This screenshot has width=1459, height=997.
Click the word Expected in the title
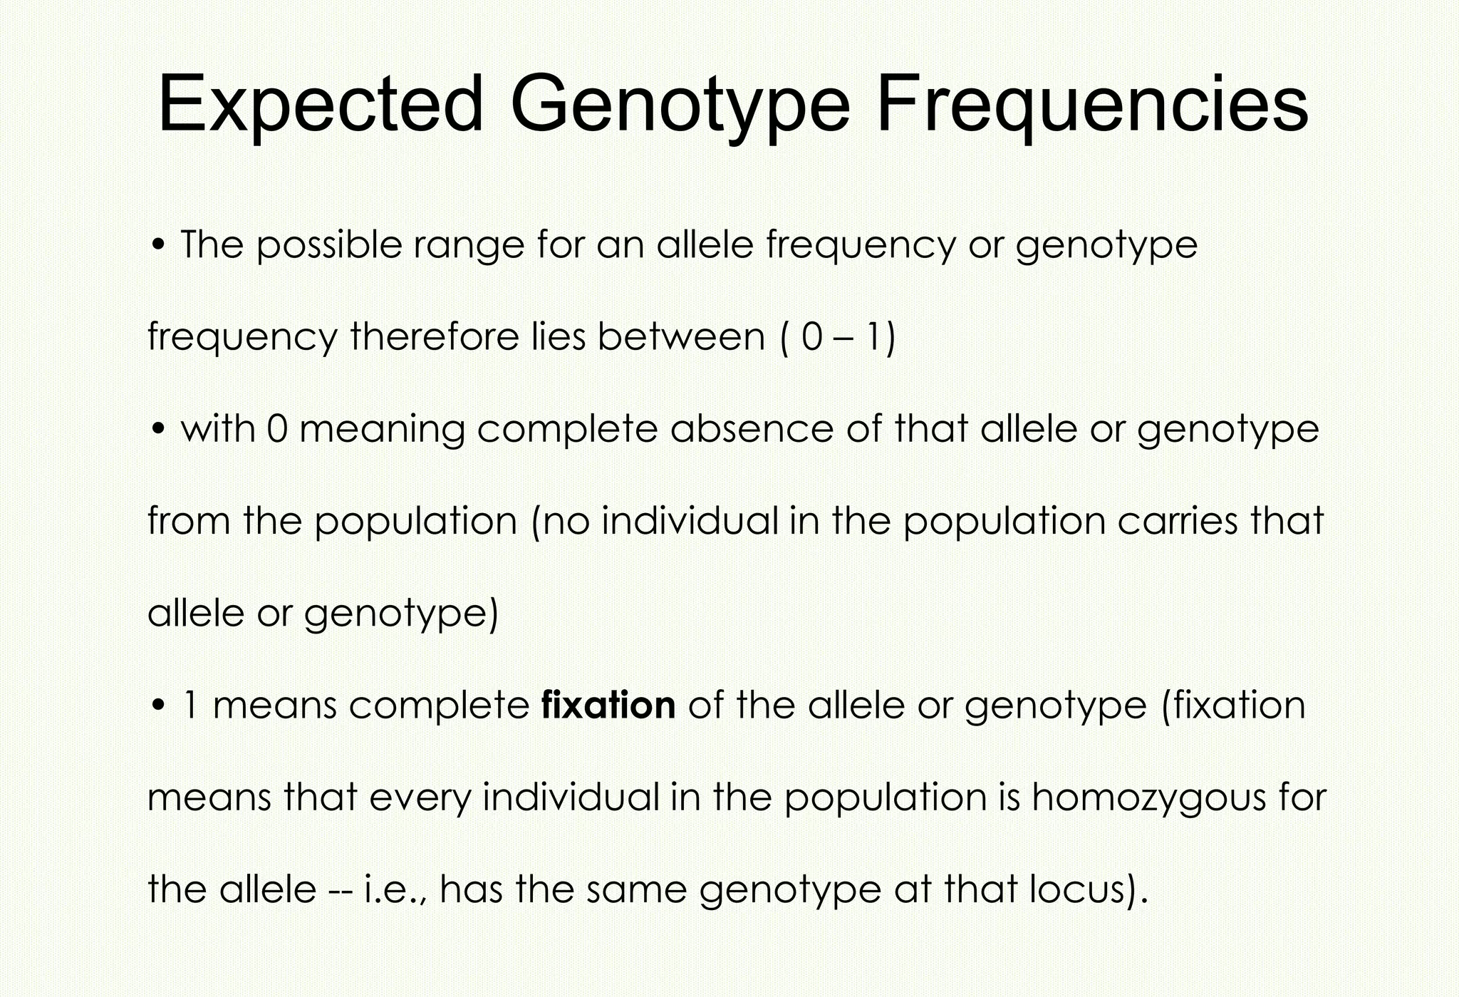point(320,104)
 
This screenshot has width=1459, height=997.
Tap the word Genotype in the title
point(680,104)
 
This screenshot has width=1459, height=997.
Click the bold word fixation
point(608,705)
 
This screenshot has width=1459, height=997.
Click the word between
point(681,336)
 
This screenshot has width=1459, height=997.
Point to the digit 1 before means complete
point(190,705)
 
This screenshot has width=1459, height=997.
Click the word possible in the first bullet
point(328,246)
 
